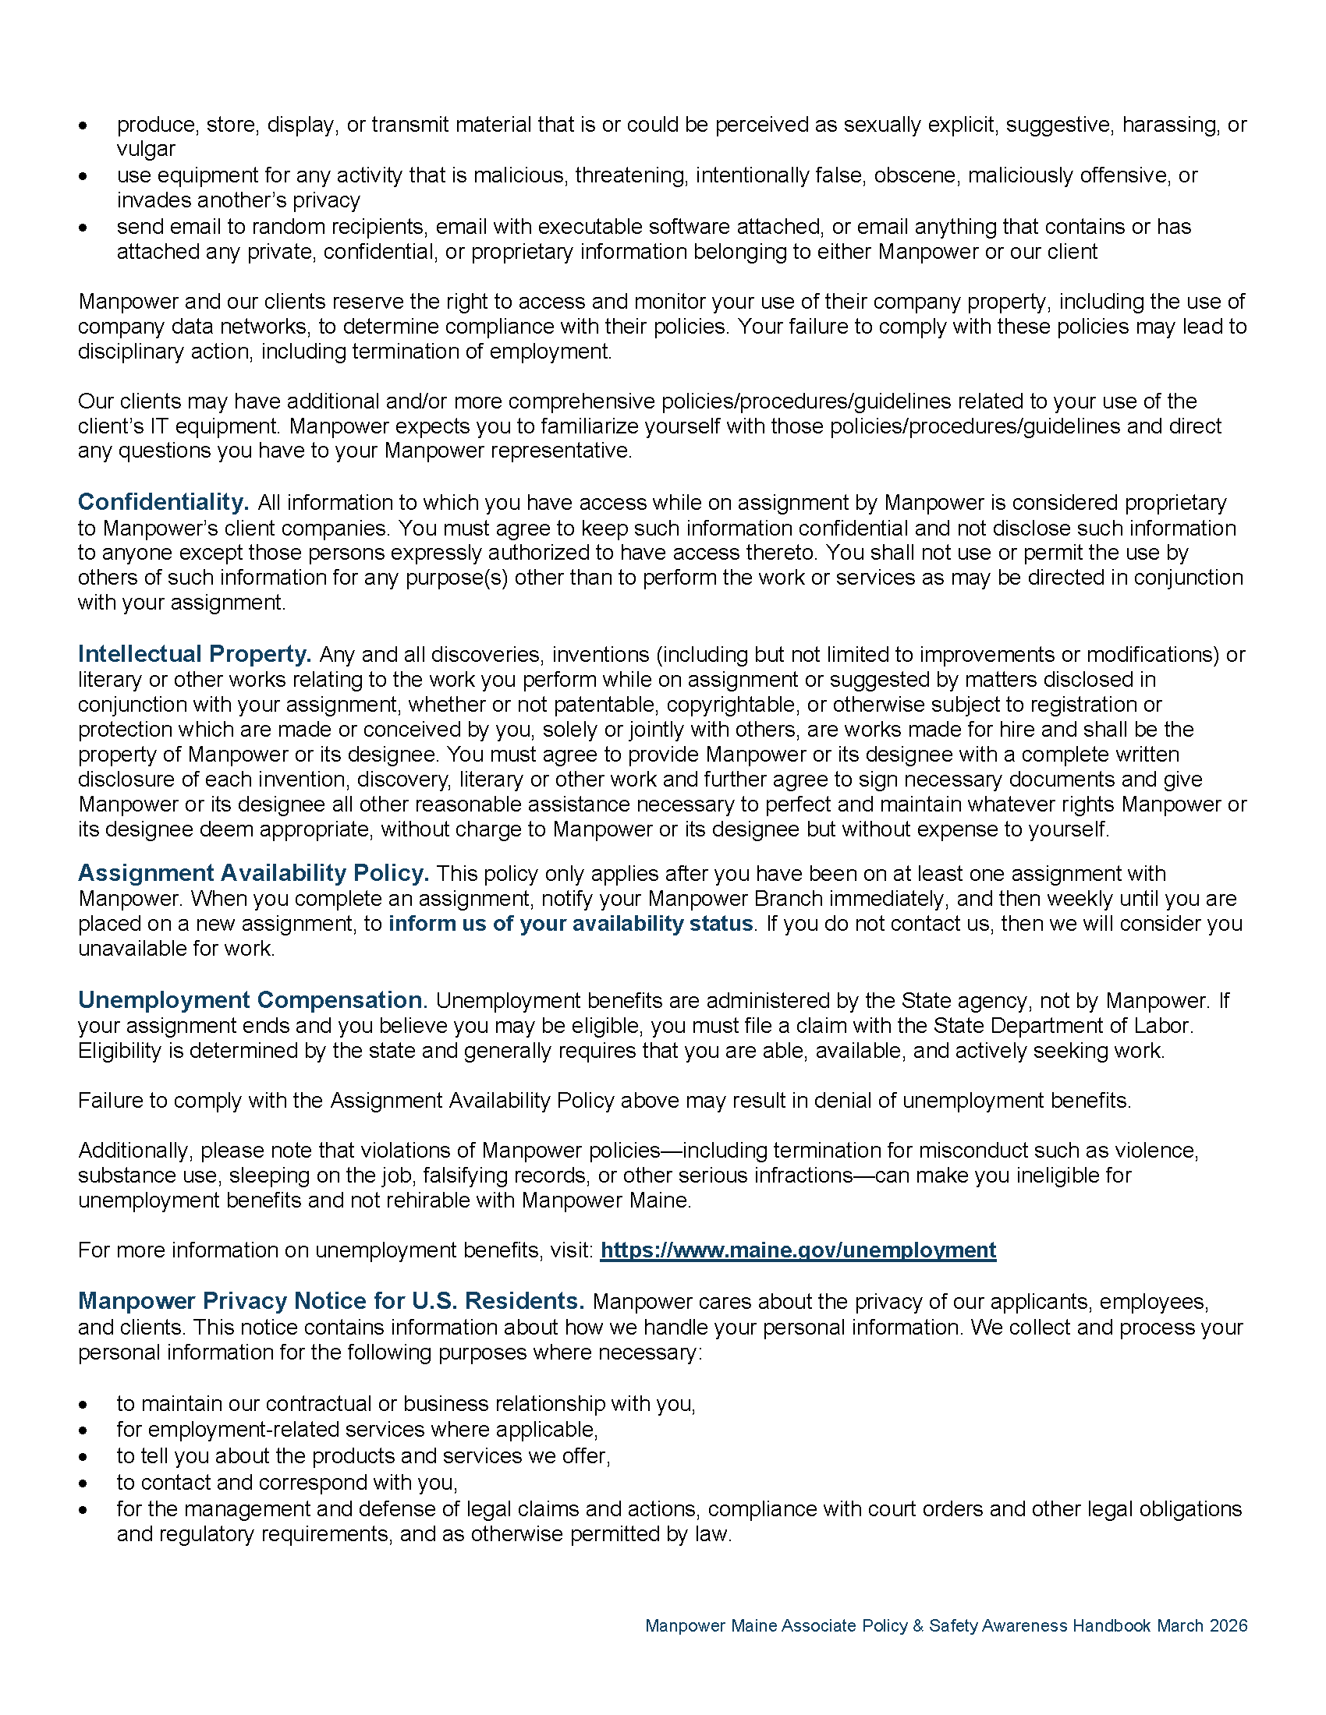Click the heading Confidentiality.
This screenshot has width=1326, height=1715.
[x=163, y=502]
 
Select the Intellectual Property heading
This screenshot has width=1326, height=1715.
[x=194, y=653]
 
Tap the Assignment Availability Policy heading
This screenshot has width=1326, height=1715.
[x=253, y=872]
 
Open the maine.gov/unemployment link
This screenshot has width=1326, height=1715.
[x=797, y=1250]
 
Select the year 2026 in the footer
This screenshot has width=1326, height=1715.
[x=1228, y=1625]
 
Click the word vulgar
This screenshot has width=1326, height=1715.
[x=146, y=149]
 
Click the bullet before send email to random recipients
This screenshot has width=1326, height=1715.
[x=83, y=228]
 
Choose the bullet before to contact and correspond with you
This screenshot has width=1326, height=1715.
[x=83, y=1483]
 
